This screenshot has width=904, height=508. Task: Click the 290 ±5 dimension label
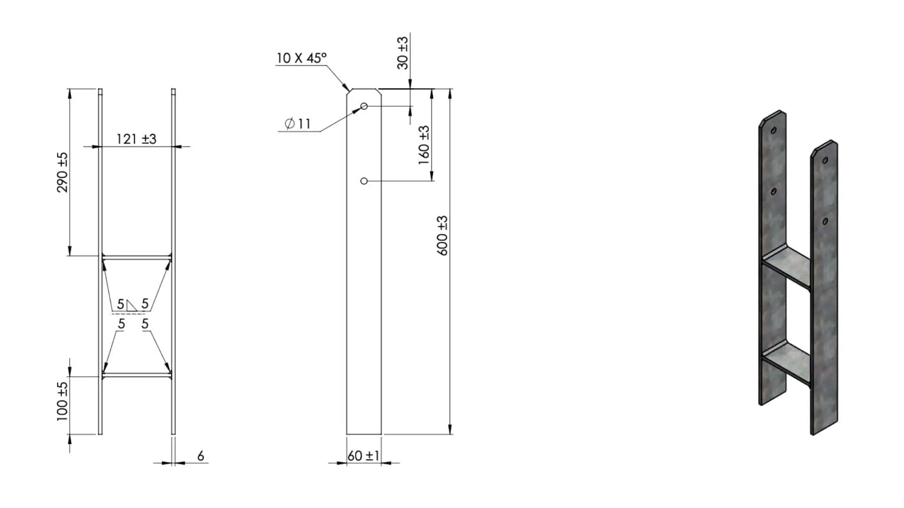(x=63, y=172)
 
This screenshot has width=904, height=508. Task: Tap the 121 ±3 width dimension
(x=137, y=139)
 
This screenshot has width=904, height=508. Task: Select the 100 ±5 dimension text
(x=62, y=401)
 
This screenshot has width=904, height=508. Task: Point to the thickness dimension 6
(x=201, y=456)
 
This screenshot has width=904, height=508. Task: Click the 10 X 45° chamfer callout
(x=301, y=58)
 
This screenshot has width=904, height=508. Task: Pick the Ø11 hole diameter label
(x=298, y=124)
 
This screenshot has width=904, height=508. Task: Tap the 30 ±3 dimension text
(x=403, y=53)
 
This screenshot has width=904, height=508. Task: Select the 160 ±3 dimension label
(x=424, y=145)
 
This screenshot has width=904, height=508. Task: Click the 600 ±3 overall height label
(x=443, y=235)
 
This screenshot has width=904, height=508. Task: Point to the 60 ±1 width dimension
(x=363, y=455)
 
